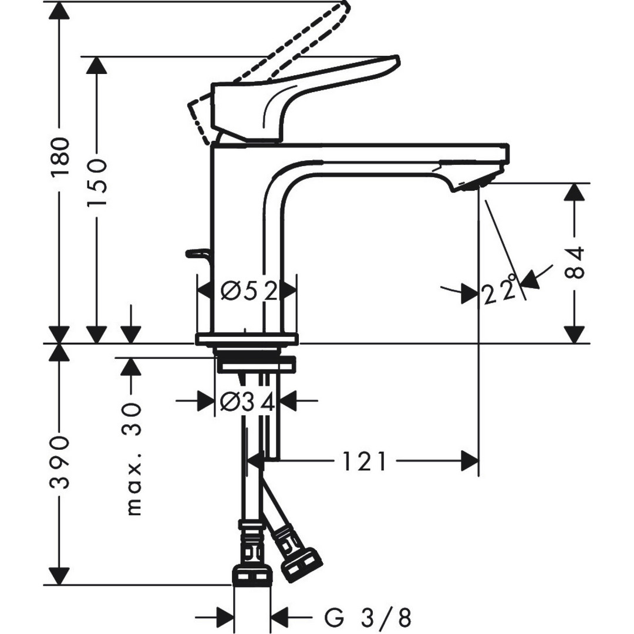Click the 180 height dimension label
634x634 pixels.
point(60,157)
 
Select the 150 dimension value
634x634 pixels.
point(97,182)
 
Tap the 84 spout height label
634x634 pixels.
point(575,262)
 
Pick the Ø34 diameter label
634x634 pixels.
point(248,402)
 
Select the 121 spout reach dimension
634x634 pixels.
point(365,461)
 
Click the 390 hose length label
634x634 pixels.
point(60,462)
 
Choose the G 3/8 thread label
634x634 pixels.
point(367,618)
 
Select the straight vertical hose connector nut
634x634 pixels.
point(252,575)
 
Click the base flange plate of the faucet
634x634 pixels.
point(247,339)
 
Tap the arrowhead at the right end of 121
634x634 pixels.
point(470,461)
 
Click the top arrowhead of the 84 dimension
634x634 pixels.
point(575,192)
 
